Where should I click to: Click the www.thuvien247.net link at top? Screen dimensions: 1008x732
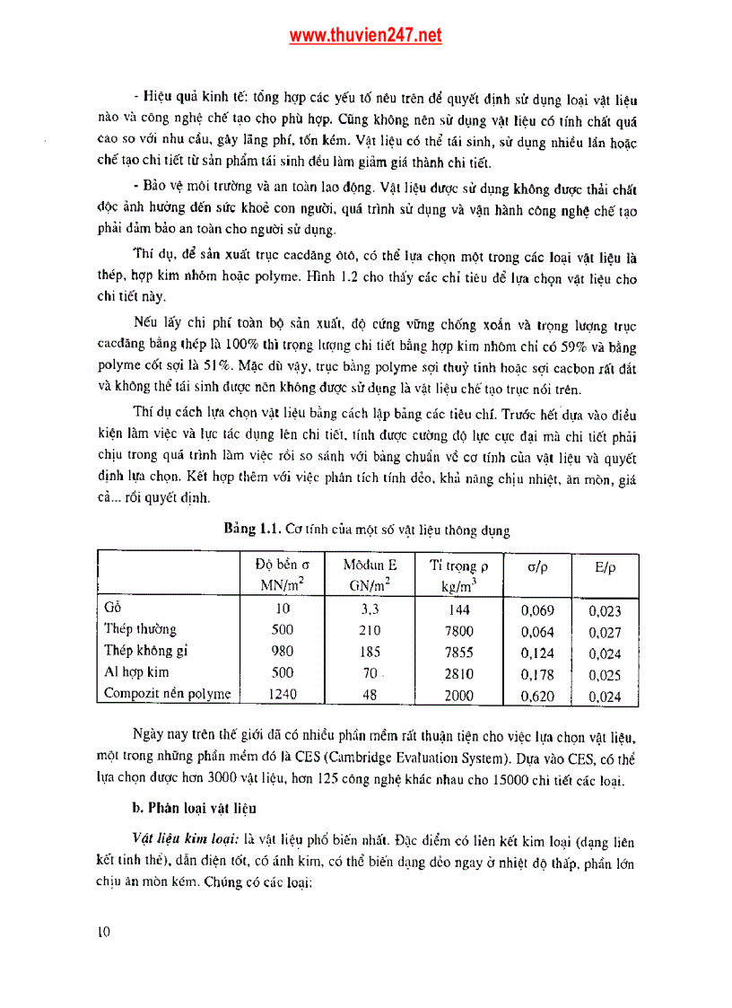click(365, 36)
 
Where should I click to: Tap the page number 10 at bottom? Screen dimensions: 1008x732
click(103, 932)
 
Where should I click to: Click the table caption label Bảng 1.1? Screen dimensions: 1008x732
click(254, 530)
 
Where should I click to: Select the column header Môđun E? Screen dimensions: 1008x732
click(370, 565)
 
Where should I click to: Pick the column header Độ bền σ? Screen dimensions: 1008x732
click(282, 565)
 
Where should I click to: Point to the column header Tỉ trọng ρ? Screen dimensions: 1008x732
click(457, 565)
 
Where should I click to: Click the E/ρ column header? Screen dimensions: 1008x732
click(605, 567)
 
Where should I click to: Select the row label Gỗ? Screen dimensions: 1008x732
click(112, 609)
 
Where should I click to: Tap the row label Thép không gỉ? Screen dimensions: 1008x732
click(145, 651)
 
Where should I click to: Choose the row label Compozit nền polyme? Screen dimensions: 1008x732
click(167, 693)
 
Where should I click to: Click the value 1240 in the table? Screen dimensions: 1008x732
click(282, 694)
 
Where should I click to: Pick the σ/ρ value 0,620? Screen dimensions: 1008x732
click(537, 695)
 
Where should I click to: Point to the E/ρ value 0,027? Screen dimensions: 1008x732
click(605, 632)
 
